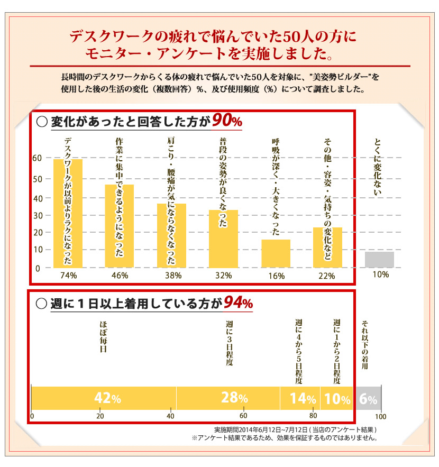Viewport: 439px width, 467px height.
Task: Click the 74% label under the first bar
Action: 69,276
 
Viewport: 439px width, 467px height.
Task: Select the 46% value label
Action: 120,276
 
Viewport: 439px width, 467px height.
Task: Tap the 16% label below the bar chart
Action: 276,276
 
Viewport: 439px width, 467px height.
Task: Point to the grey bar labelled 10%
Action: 379,260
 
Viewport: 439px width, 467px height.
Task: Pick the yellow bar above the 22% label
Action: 327,248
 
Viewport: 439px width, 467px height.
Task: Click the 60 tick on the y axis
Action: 36,158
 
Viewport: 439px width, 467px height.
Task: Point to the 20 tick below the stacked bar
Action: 100,416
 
